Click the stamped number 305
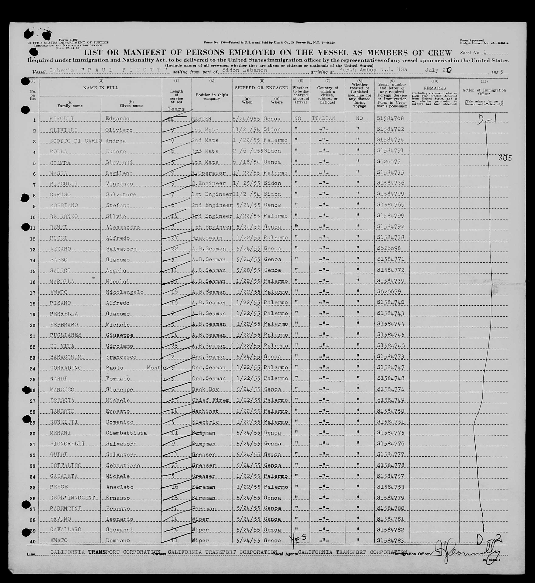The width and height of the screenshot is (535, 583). tap(505, 158)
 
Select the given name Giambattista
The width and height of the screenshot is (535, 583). tap(126, 433)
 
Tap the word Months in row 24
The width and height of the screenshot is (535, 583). tap(157, 368)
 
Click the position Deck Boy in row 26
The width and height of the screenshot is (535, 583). tap(205, 389)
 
